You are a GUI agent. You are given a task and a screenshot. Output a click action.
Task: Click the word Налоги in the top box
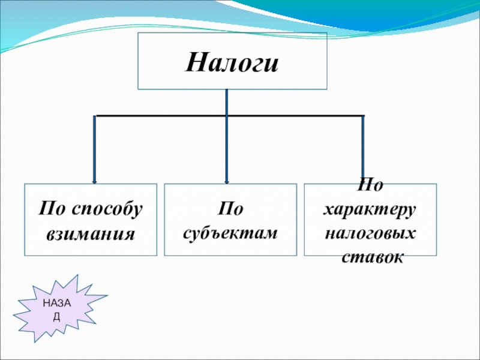tap(232, 62)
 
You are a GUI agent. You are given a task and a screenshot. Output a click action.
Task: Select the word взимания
tap(91, 232)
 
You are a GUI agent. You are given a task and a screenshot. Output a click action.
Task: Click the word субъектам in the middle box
tap(230, 232)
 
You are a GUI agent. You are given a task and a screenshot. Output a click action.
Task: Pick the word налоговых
tap(371, 232)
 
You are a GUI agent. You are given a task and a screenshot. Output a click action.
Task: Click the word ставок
tap(371, 256)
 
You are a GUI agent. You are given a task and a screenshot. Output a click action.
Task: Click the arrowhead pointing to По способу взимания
tap(95, 180)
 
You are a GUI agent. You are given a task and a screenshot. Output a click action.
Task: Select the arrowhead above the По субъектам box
tap(226, 180)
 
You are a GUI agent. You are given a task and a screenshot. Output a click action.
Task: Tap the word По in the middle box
tap(230, 209)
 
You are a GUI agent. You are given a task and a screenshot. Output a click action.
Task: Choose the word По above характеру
tap(370, 185)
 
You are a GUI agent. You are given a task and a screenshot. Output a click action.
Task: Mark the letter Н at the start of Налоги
tap(193, 62)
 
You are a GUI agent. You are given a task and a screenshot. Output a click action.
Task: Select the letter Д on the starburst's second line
tap(56, 316)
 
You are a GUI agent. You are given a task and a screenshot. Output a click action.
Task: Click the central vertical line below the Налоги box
tap(226, 102)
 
